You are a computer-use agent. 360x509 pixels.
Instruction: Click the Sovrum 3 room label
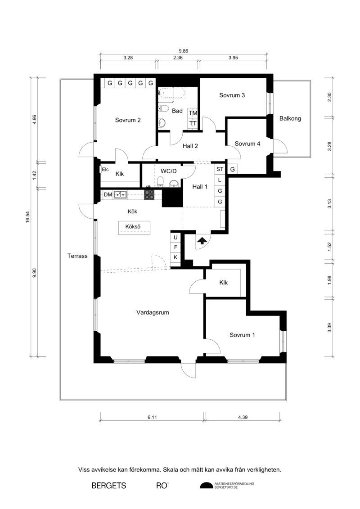point(232,95)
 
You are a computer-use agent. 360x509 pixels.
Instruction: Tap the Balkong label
point(290,118)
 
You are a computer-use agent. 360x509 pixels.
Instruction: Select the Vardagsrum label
point(153,313)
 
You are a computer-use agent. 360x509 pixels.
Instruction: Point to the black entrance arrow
point(202,240)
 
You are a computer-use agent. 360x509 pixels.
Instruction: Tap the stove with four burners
point(149,194)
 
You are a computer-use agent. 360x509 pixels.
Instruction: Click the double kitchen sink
point(120,195)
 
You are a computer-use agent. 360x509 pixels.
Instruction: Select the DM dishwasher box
point(108,195)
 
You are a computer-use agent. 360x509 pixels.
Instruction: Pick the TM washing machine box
point(193,113)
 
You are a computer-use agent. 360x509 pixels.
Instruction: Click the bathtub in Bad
point(171,93)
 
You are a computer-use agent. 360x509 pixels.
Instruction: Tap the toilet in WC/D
point(160,182)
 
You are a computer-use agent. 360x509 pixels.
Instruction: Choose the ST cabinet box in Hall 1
point(220,169)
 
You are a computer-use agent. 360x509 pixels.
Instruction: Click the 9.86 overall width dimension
point(184,51)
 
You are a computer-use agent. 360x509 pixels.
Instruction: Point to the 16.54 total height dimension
point(28,217)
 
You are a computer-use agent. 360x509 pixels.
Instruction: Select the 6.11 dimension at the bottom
point(152,417)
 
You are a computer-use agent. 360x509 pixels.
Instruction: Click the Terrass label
point(77,256)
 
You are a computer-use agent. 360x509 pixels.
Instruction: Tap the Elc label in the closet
point(105,170)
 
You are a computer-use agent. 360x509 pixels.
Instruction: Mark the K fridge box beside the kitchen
point(175,257)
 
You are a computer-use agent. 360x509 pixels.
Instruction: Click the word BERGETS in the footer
point(109,486)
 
